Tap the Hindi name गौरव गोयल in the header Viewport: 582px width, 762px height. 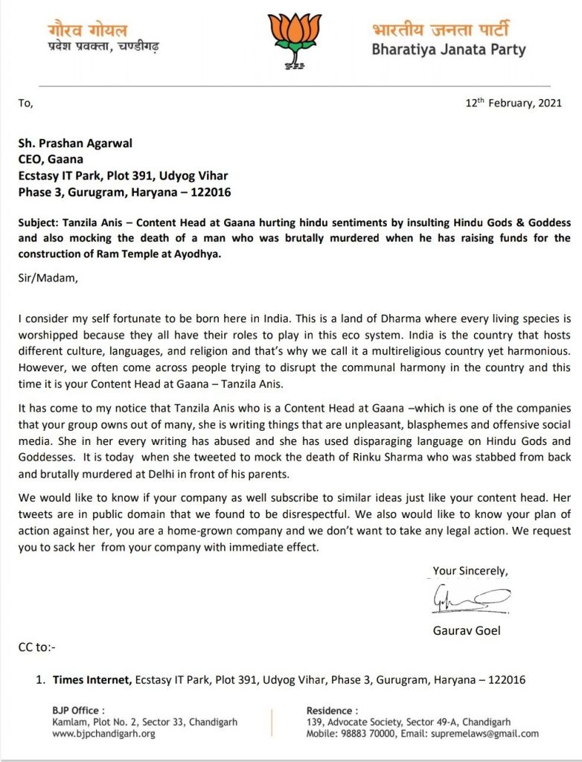click(x=87, y=31)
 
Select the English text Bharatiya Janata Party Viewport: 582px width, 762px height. click(x=449, y=51)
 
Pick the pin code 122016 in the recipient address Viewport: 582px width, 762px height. click(x=211, y=193)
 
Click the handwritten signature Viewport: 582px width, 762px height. click(x=469, y=598)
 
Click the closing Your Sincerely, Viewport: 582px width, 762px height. click(x=470, y=571)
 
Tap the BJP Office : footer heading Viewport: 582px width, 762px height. click(x=78, y=710)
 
